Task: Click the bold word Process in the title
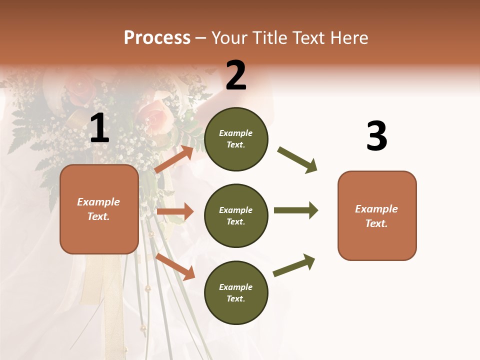[157, 38]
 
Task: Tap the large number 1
[99, 128]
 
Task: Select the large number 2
[236, 75]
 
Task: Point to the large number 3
[376, 136]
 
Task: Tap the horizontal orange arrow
[175, 211]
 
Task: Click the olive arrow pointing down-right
[297, 160]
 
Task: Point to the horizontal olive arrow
[295, 210]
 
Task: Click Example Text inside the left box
[98, 209]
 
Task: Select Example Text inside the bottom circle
[235, 292]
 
